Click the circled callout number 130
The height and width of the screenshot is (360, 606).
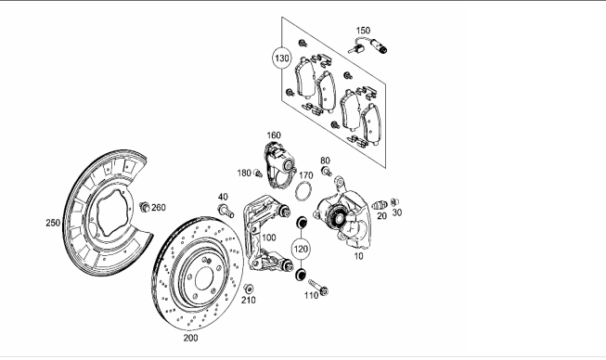[281, 58]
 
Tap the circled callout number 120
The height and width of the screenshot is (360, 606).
[301, 250]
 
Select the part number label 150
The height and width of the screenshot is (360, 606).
[363, 30]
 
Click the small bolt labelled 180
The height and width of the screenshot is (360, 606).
[258, 174]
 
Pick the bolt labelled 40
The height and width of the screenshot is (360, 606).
[226, 211]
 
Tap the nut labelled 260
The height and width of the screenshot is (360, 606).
[144, 207]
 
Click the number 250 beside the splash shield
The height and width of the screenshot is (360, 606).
[53, 223]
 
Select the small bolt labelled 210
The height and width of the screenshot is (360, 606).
[248, 289]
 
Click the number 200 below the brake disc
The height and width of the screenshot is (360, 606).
[190, 338]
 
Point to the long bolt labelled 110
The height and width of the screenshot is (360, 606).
[318, 287]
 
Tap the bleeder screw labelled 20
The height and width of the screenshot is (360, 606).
[380, 205]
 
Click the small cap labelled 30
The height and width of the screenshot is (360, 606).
[394, 202]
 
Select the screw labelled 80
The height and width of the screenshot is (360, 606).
[327, 171]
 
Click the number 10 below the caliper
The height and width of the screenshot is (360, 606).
[358, 256]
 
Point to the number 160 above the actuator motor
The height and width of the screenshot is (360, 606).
[274, 135]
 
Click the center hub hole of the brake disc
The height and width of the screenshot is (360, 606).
[204, 279]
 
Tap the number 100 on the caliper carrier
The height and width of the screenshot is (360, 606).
[269, 238]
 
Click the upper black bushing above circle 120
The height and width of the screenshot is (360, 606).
[301, 223]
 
